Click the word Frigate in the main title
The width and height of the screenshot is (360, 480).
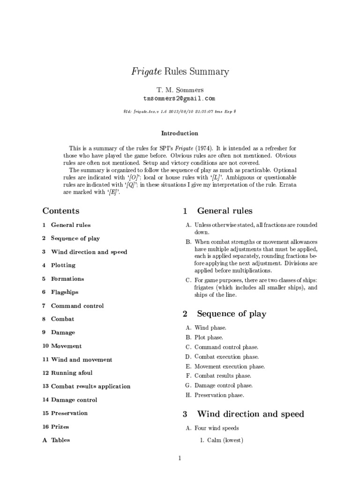click(145, 72)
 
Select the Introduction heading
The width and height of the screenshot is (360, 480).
click(180, 133)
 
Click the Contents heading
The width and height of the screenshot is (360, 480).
click(61, 211)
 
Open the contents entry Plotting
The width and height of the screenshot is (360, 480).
click(63, 265)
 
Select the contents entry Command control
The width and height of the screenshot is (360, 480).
click(77, 306)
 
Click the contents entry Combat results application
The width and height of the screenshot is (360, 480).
click(90, 386)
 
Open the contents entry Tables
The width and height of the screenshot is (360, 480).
click(60, 440)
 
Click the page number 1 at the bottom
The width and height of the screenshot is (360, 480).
click(180, 458)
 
